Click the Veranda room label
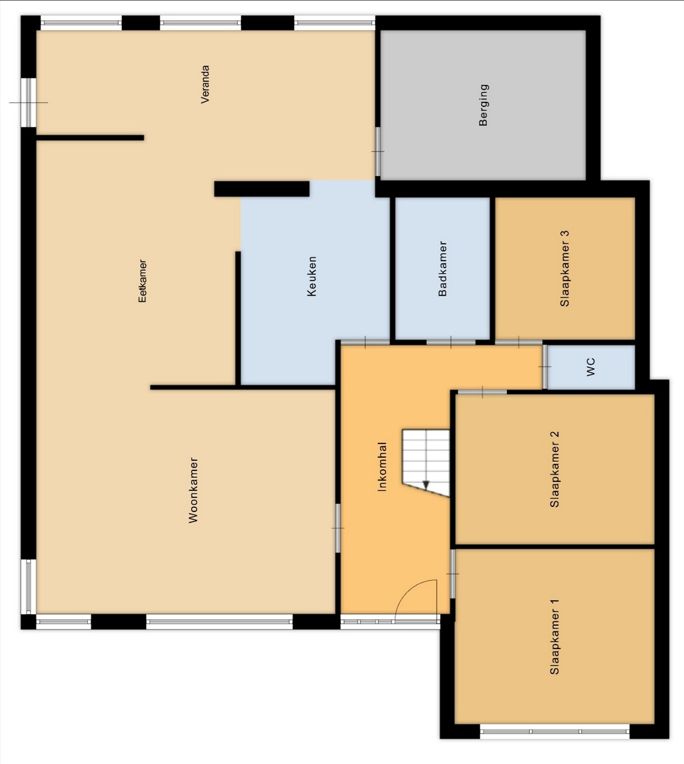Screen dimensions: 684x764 click(205, 84)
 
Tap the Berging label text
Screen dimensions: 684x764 click(483, 105)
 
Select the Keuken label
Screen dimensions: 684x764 click(312, 276)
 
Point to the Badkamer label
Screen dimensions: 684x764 click(443, 269)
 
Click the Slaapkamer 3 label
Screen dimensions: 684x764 click(564, 269)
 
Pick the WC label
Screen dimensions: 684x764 click(590, 367)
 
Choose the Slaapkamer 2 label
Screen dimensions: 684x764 click(554, 469)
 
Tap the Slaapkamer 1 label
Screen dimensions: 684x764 click(554, 637)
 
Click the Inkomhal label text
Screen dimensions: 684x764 click(382, 467)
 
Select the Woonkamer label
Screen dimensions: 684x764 click(193, 490)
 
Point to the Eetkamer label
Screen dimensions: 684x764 click(142, 281)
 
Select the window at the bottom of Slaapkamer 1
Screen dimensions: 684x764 click(554, 731)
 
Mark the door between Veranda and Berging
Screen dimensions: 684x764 click(378, 151)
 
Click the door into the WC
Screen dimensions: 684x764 click(545, 367)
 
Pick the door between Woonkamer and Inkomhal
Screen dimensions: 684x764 click(338, 528)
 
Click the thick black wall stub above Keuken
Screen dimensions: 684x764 click(262, 189)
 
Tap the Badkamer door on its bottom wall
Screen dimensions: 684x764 click(451, 343)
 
